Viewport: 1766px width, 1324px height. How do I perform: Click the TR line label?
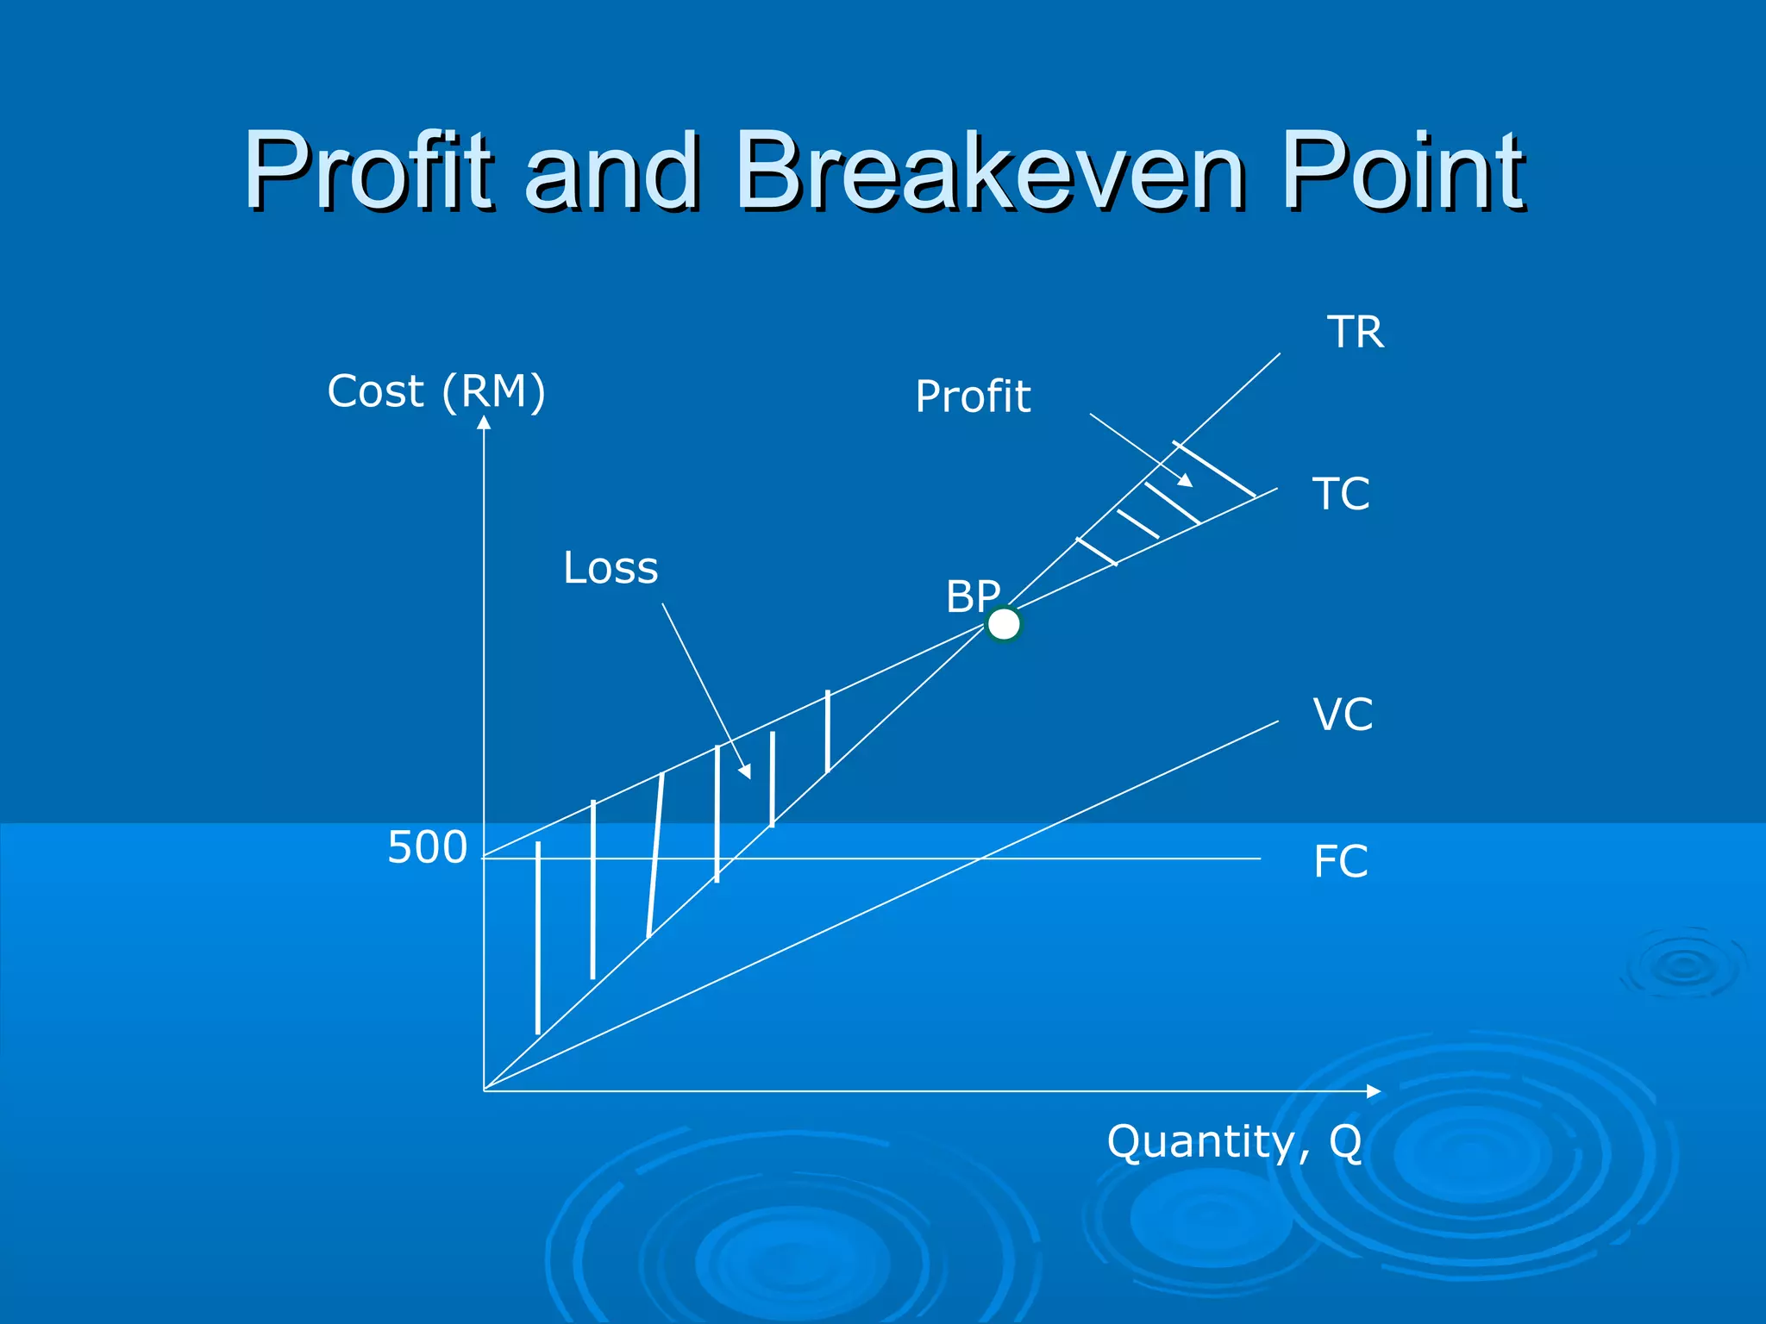pos(1356,333)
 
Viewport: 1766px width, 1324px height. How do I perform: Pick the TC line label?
pos(1341,495)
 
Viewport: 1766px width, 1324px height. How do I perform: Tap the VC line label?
pos(1343,715)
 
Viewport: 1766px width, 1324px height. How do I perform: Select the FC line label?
pos(1340,861)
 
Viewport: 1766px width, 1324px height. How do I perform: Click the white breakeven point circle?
pos(1004,624)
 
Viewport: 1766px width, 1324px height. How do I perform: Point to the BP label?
pos(973,596)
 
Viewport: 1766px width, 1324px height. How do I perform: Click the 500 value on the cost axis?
pos(427,848)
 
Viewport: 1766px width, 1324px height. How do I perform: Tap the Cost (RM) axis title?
pos(436,391)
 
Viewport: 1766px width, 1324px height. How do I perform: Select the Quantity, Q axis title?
pos(1234,1142)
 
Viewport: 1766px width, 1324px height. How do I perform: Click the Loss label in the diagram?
pos(611,568)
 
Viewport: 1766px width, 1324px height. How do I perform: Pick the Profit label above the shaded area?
pos(973,397)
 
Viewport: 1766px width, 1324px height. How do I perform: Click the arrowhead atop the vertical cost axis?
pos(484,422)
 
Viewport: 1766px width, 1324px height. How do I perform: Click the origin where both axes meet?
pos(484,1090)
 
